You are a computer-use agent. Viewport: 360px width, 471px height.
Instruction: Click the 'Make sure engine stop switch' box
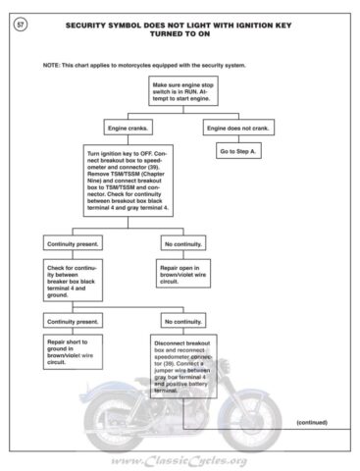[x=184, y=95]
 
